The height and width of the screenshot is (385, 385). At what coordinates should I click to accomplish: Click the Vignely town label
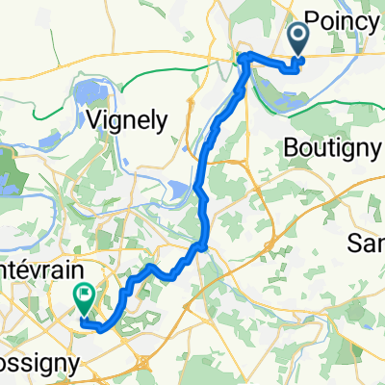(x=128, y=120)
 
